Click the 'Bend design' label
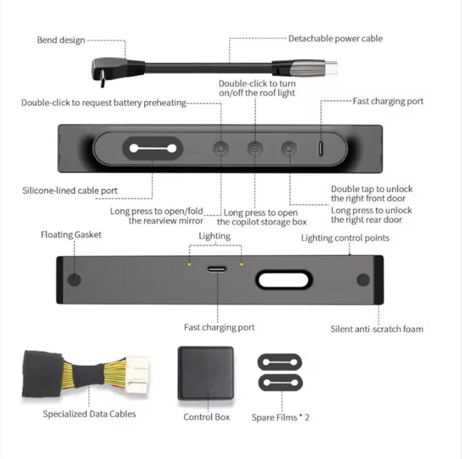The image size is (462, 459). [61, 40]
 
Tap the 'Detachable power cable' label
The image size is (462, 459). [335, 39]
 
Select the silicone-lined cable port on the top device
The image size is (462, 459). [153, 148]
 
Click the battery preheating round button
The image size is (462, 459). [221, 148]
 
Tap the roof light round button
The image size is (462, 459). [255, 148]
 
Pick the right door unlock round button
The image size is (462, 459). [289, 148]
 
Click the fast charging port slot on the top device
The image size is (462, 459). [321, 148]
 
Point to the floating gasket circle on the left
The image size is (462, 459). [74, 279]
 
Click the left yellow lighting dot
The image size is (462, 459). [190, 264]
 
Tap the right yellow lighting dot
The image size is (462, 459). [242, 264]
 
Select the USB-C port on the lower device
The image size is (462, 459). [217, 269]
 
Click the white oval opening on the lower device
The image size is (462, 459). [283, 279]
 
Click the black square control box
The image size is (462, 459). [206, 373]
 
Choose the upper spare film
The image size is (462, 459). [280, 362]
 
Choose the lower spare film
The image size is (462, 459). [281, 382]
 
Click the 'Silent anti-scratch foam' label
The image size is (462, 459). [377, 329]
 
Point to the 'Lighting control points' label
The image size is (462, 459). [345, 238]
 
